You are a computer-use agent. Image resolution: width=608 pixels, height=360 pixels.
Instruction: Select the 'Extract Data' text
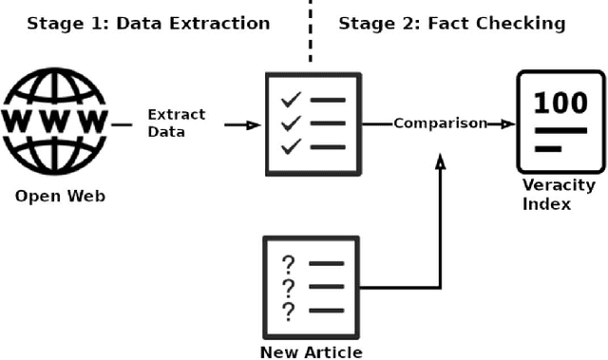point(176,123)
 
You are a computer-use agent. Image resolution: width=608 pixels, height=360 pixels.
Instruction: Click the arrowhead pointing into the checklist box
point(254,124)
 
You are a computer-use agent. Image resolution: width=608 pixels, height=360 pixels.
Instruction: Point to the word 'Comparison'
point(440,123)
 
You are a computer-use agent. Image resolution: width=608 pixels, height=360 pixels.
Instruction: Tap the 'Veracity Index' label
point(559,194)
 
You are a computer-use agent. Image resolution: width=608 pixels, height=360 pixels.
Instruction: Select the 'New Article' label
point(312,352)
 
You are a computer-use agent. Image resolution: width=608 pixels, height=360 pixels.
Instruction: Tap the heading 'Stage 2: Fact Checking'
point(451,23)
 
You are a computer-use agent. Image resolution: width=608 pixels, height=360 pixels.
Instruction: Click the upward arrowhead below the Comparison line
point(439,163)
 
